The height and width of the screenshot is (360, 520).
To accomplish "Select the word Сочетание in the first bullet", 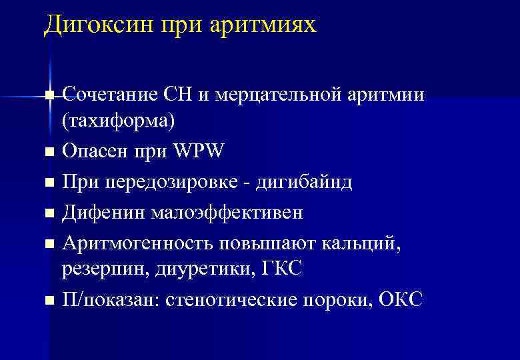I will (110, 95).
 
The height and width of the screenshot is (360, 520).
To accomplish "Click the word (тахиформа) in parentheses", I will (109, 122).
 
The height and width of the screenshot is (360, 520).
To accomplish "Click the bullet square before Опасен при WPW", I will (49, 153).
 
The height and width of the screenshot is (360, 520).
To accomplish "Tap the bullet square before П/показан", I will (49, 301).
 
